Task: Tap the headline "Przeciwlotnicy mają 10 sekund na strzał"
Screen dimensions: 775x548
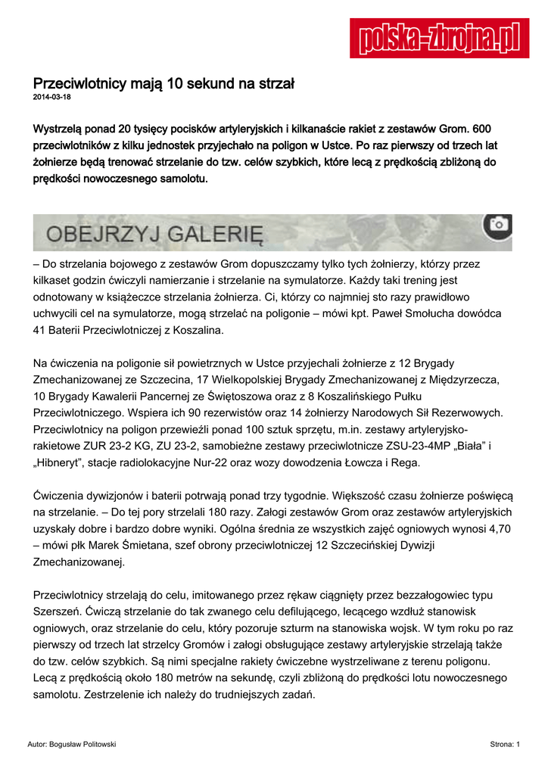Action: pyautogui.click(x=163, y=84)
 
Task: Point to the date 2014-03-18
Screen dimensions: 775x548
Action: pyautogui.click(x=51, y=98)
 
